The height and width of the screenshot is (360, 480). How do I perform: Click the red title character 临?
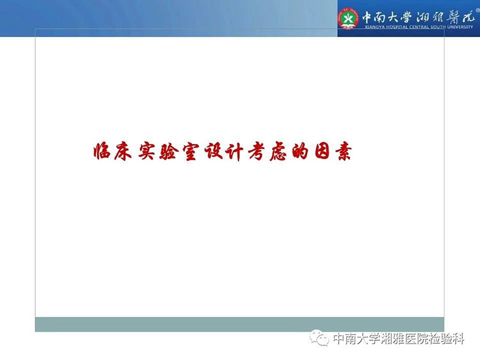pos(102,151)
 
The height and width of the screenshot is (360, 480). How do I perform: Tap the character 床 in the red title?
pos(124,151)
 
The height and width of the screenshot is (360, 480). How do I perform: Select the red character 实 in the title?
pos(147,151)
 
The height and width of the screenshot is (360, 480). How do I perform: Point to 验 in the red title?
pos(168,151)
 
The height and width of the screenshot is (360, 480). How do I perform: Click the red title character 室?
pos(191,152)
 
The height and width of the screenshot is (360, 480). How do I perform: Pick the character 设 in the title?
pos(212,151)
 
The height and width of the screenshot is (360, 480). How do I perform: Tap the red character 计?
pos(234,152)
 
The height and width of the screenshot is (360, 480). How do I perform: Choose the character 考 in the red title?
pos(257,152)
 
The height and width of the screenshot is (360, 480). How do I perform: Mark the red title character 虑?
pos(278,152)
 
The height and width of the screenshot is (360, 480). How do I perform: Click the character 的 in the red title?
pos(300,152)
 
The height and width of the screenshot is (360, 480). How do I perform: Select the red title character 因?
pos(322,151)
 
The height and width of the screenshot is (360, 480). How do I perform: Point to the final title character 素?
pos(343,152)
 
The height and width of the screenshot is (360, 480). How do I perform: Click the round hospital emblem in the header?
pos(348,19)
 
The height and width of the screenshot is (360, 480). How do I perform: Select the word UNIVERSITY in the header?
pos(460,27)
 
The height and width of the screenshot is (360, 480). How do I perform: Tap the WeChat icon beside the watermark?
pos(319,338)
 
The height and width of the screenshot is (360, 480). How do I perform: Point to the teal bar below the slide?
pos(240,325)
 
